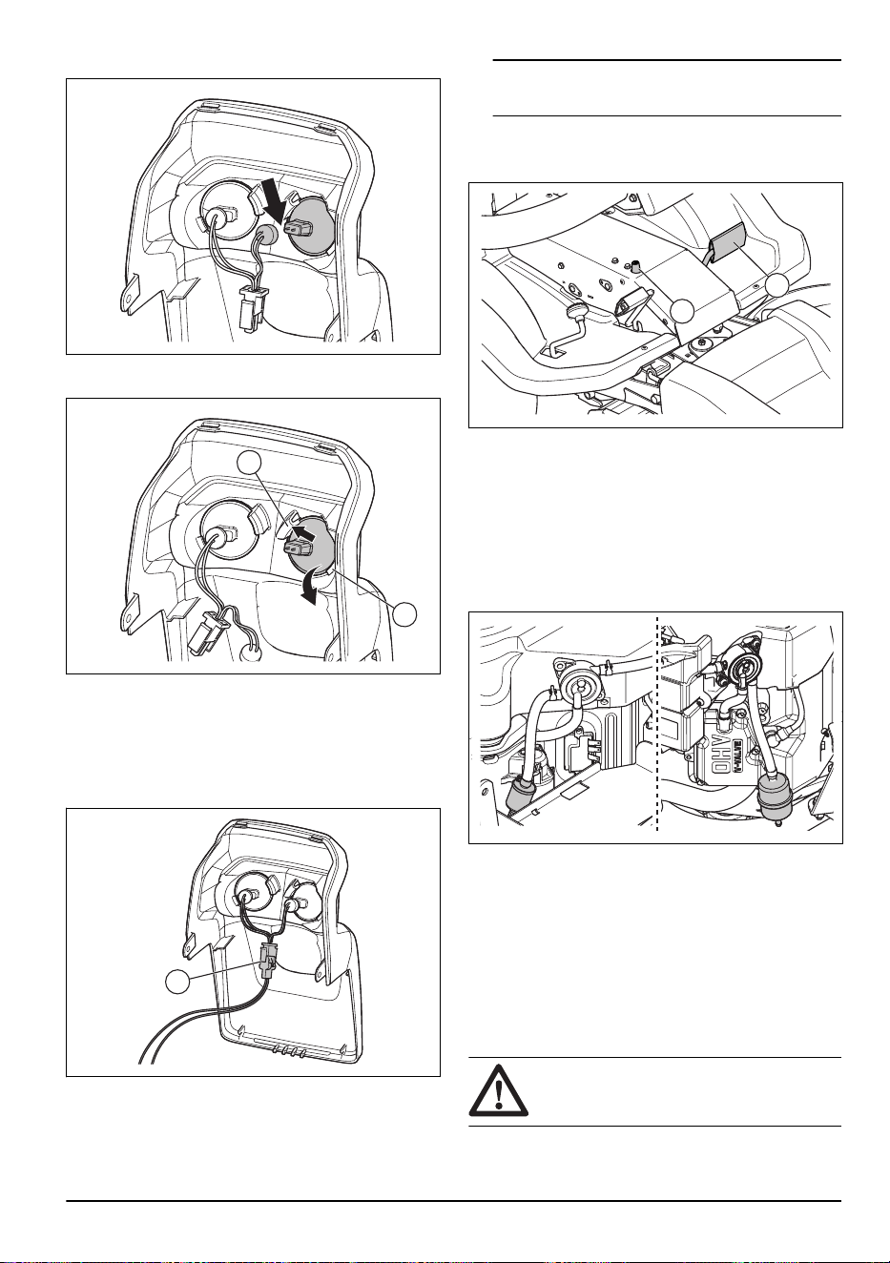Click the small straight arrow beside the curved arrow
[x=303, y=531]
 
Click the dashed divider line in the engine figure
[x=657, y=726]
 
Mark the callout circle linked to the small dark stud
[x=684, y=311]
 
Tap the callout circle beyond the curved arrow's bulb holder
[x=405, y=614]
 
